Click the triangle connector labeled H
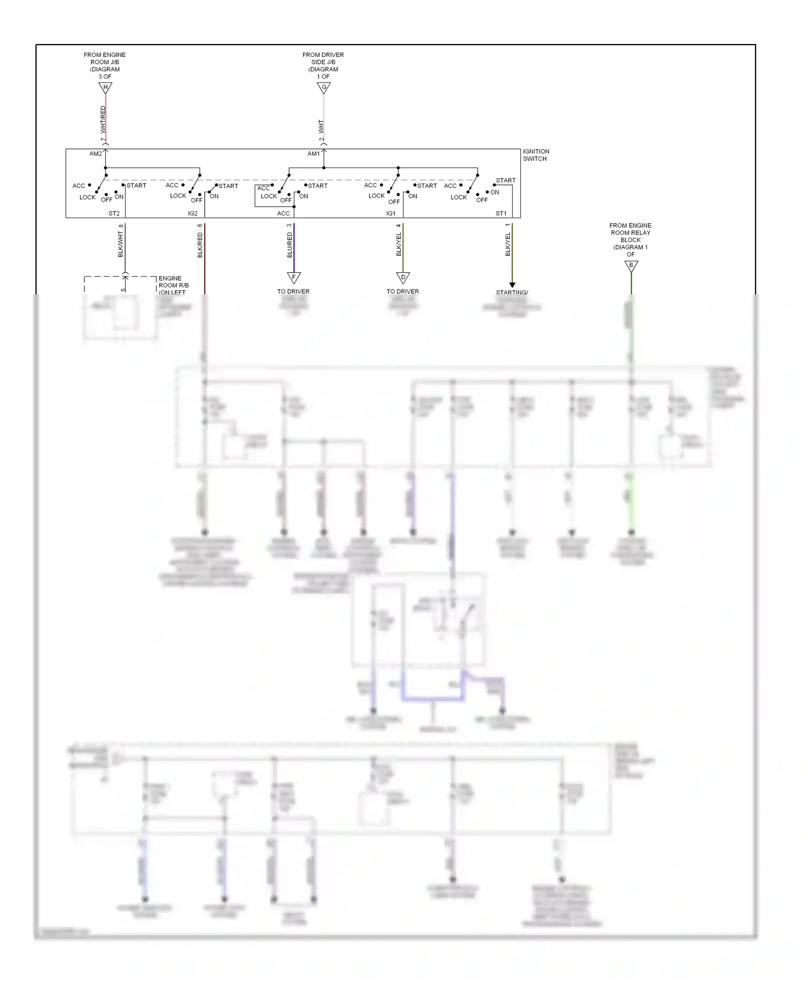[x=105, y=88]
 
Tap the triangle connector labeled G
[x=323, y=88]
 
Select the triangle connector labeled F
[x=294, y=277]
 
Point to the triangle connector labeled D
[x=403, y=277]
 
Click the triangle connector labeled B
[x=631, y=265]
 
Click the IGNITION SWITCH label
[x=536, y=155]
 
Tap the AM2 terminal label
[x=95, y=154]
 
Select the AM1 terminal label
[x=313, y=154]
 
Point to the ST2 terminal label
[x=114, y=213]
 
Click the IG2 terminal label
[x=192, y=213]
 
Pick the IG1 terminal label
[x=391, y=213]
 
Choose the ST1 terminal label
[x=501, y=213]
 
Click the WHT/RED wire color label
[x=103, y=119]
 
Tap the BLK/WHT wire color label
[x=120, y=244]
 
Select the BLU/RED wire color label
[x=290, y=245]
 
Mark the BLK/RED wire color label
[x=200, y=245]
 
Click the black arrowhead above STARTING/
[x=512, y=285]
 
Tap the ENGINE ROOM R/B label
[x=173, y=282]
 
